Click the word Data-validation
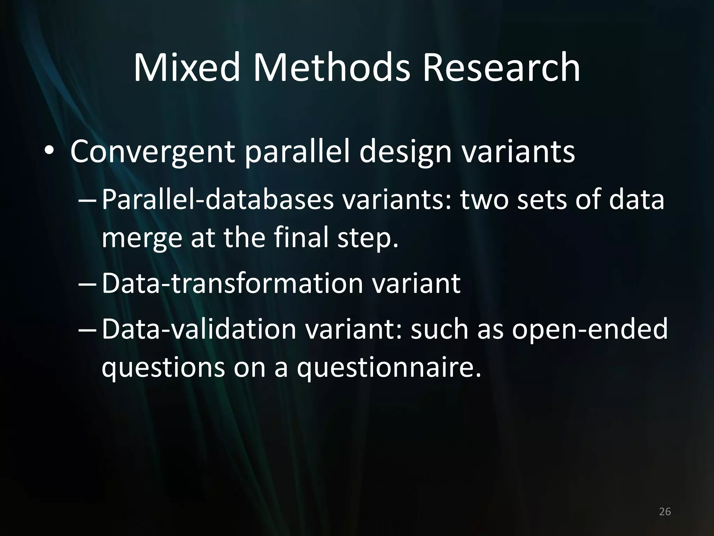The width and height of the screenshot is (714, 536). click(199, 329)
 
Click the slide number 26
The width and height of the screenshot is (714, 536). click(665, 512)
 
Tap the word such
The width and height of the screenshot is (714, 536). click(440, 329)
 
